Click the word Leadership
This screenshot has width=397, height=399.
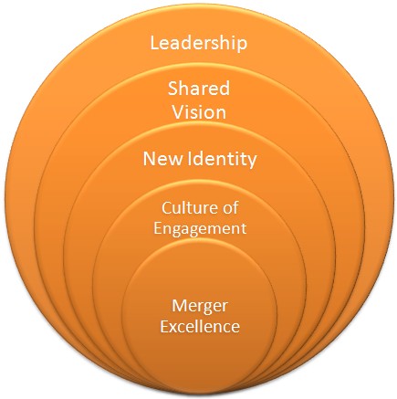pyautogui.click(x=199, y=43)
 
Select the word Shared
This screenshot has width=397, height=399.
pyautogui.click(x=199, y=89)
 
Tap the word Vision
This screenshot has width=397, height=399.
pyautogui.click(x=200, y=112)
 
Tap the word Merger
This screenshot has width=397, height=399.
pyautogui.click(x=200, y=306)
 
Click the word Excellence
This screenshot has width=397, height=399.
pyautogui.click(x=200, y=326)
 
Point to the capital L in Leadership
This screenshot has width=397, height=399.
pyautogui.click(x=155, y=43)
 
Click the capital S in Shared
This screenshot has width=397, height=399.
pyautogui.click(x=172, y=89)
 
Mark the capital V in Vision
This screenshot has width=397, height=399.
pyautogui.click(x=179, y=112)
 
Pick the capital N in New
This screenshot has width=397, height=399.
pyautogui.click(x=150, y=159)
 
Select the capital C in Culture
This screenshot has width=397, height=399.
pyautogui.click(x=167, y=208)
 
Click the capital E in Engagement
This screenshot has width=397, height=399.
pyautogui.click(x=158, y=228)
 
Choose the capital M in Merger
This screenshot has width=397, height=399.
pyautogui.click(x=180, y=306)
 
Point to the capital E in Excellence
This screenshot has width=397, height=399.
pyautogui.click(x=164, y=326)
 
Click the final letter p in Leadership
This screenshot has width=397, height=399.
pyautogui.click(x=242, y=46)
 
